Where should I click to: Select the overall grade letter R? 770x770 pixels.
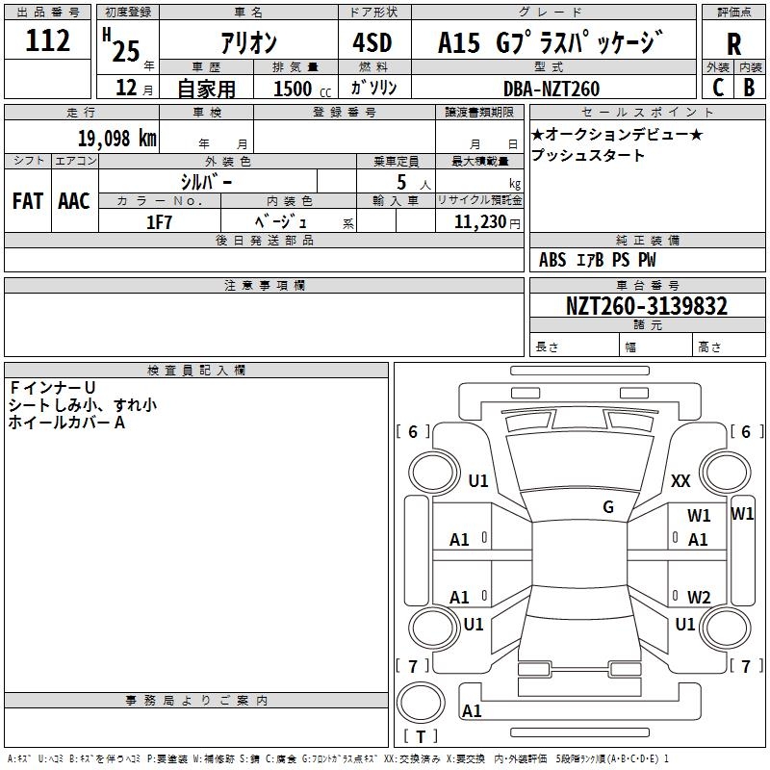pos(734,43)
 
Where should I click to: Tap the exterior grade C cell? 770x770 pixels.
pos(717,87)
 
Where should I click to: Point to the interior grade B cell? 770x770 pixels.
pos(749,87)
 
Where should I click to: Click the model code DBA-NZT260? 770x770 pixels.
pos(552,89)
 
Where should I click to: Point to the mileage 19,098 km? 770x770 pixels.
pos(111,138)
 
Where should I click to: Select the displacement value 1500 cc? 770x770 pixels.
pos(295,89)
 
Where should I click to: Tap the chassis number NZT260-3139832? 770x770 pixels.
pos(646,306)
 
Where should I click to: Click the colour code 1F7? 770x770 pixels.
pos(159,220)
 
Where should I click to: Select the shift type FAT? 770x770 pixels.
pos(27,200)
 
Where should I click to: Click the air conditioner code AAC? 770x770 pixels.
pos(73,200)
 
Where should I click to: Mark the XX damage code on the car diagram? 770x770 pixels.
pos(681,480)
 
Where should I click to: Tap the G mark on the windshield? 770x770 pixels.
pos(608,507)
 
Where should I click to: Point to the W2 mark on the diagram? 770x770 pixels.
pos(699,597)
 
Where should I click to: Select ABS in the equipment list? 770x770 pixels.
pos(552,260)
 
